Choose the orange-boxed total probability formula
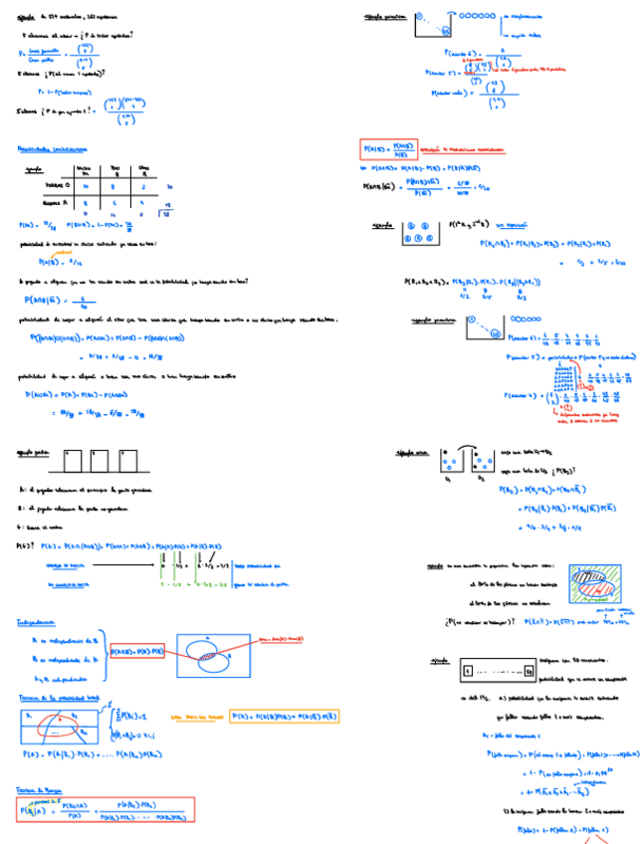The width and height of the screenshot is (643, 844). (285, 715)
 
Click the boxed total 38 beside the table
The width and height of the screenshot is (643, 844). (166, 213)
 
